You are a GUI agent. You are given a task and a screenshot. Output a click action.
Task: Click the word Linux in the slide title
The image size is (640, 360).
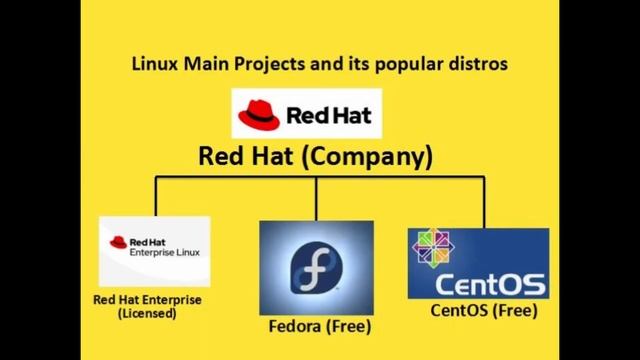pyautogui.click(x=153, y=64)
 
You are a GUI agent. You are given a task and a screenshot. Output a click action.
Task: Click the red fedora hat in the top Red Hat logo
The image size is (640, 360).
pyautogui.click(x=259, y=112)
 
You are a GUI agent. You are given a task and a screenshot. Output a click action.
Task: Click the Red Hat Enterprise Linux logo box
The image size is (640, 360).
pyautogui.click(x=154, y=251)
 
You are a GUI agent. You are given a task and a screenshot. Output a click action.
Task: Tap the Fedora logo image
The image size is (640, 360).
pyautogui.click(x=316, y=267)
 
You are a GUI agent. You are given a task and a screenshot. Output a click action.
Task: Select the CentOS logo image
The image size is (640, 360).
pyautogui.click(x=478, y=263)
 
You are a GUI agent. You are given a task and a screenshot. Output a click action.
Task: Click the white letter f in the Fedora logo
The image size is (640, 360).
pyautogui.click(x=315, y=268)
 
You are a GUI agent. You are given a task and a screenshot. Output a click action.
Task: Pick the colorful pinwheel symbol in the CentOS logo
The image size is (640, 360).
pyautogui.click(x=432, y=247)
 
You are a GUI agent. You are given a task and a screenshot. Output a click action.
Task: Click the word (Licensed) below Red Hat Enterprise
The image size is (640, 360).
pyautogui.click(x=147, y=313)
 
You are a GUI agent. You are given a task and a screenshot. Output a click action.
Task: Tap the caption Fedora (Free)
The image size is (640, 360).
pyautogui.click(x=320, y=327)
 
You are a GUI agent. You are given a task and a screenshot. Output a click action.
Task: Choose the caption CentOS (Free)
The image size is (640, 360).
pyautogui.click(x=484, y=310)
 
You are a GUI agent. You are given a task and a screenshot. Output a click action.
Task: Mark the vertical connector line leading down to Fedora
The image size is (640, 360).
pyautogui.click(x=316, y=198)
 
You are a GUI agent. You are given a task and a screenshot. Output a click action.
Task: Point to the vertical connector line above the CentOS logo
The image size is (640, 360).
pyautogui.click(x=484, y=202)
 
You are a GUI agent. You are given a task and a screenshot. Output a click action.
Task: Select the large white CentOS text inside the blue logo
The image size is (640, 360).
pyautogui.click(x=490, y=281)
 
